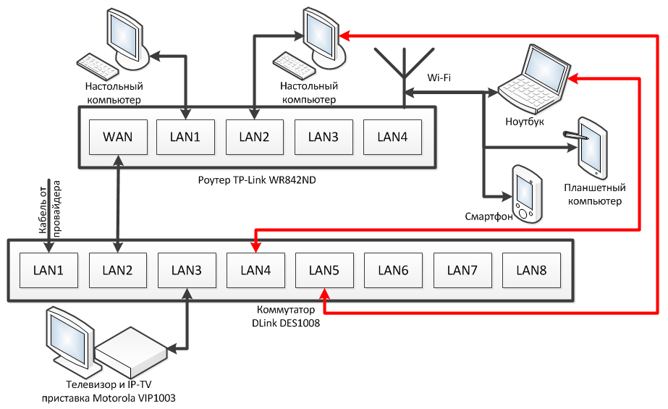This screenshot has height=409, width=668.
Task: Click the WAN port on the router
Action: [x=117, y=137]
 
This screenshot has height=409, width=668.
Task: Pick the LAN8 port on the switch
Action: [x=530, y=271]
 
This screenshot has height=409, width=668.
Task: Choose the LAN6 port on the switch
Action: [x=393, y=271]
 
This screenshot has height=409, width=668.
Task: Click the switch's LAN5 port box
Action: [x=324, y=271]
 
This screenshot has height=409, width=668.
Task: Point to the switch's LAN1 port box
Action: [x=48, y=271]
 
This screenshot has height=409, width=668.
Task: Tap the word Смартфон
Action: [x=489, y=216]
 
